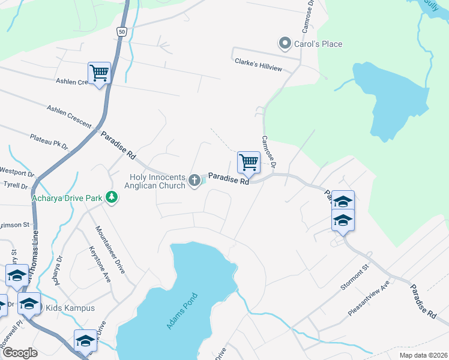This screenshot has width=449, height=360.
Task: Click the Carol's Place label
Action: (x=318, y=44)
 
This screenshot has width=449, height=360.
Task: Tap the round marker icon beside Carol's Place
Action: (x=284, y=43)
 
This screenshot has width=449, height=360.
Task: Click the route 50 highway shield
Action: (x=122, y=31)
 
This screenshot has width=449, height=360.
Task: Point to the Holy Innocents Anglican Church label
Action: (x=157, y=181)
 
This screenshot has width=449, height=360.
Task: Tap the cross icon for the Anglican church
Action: (x=194, y=180)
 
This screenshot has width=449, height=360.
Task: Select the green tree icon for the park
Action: (x=111, y=197)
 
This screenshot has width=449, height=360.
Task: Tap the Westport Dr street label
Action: (x=17, y=172)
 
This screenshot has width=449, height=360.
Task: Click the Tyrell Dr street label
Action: (x=16, y=186)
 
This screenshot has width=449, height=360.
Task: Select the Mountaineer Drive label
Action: (x=110, y=250)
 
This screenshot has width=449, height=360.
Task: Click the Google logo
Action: (x=19, y=353)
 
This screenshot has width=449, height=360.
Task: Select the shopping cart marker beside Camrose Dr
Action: (x=249, y=162)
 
